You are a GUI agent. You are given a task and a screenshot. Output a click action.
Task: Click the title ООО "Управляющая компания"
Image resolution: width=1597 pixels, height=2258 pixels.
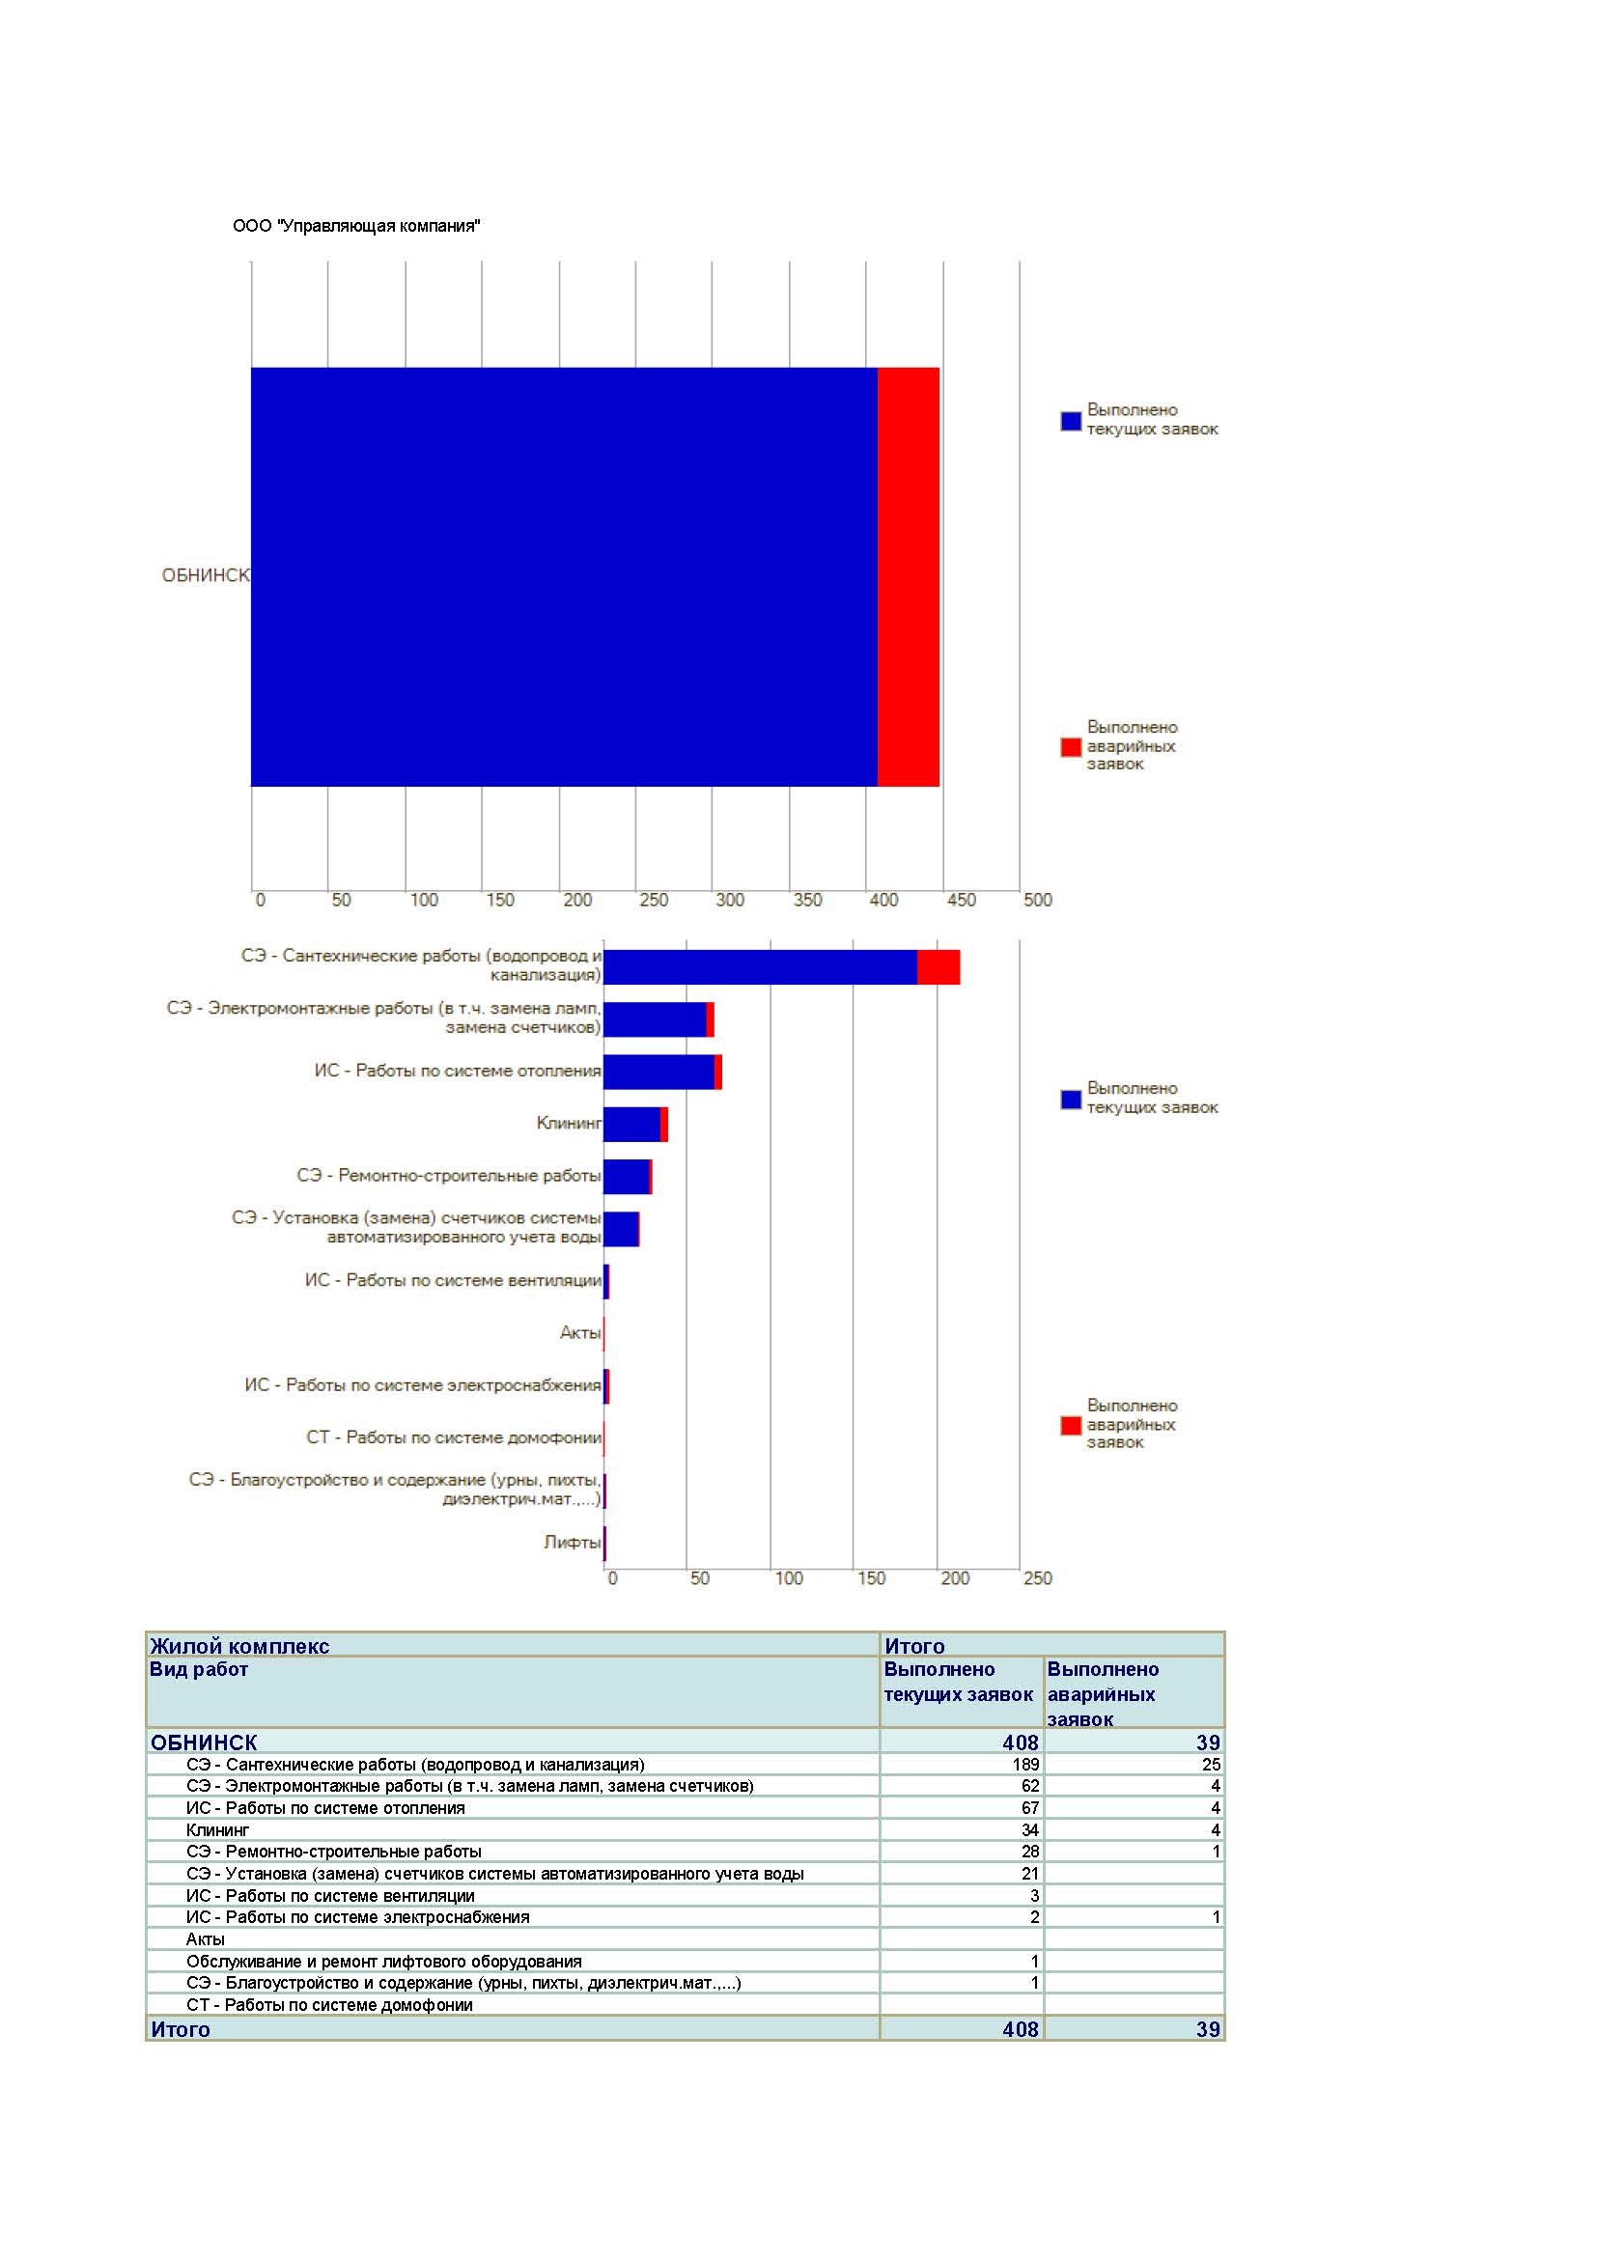click(x=356, y=226)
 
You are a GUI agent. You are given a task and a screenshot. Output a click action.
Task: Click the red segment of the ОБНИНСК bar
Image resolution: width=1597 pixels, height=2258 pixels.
click(x=908, y=577)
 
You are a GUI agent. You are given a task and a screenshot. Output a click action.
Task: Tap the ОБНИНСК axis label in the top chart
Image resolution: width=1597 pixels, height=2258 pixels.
click(x=206, y=575)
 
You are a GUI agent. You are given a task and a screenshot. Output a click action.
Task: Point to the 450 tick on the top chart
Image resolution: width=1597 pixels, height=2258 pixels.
click(x=961, y=900)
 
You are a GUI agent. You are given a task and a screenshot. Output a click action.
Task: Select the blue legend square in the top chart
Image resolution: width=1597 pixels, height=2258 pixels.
click(x=1071, y=421)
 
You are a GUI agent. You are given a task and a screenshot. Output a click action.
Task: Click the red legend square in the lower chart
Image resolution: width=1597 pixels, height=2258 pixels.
click(x=1071, y=1425)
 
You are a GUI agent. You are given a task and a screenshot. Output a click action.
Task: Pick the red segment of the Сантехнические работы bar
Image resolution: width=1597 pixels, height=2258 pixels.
click(x=939, y=967)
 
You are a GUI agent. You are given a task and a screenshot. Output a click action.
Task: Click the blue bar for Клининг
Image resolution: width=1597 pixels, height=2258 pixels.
click(x=631, y=1124)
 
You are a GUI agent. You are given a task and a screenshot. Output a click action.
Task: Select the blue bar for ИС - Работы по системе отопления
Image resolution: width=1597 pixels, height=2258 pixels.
click(x=658, y=1072)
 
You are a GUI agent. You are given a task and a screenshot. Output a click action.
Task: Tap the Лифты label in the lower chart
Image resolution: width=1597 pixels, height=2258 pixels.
click(x=573, y=1542)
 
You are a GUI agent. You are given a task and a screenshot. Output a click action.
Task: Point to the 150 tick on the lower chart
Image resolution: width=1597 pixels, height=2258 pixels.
click(x=871, y=1578)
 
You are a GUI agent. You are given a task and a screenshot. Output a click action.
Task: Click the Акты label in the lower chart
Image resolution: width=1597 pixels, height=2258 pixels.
click(x=580, y=1332)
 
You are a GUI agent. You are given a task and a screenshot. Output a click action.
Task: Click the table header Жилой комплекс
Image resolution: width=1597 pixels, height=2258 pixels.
click(x=238, y=1646)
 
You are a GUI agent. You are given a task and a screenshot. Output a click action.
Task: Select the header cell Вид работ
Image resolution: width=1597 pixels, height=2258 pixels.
click(x=199, y=1669)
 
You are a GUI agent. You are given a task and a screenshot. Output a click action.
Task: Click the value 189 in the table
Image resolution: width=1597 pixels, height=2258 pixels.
click(x=1025, y=1765)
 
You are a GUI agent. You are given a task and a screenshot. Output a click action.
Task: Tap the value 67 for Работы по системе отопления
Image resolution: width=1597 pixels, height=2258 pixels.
click(x=1029, y=1807)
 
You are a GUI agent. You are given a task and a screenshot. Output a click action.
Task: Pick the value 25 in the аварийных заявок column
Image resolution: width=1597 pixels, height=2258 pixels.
click(x=1211, y=1765)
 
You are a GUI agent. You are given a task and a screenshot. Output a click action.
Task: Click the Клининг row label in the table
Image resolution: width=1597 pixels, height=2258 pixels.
click(x=217, y=1830)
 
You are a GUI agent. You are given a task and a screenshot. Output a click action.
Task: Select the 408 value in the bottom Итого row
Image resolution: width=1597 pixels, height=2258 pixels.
click(x=1021, y=2029)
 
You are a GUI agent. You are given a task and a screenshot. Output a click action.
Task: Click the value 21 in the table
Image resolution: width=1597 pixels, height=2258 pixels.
click(x=1029, y=1874)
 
